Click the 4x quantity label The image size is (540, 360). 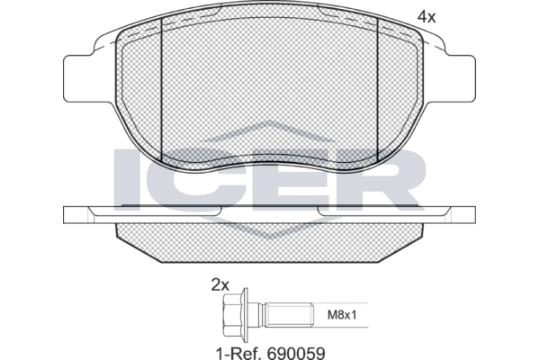coord(427,16)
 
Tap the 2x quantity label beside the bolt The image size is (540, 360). coord(220,285)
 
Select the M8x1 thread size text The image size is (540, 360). coord(341,315)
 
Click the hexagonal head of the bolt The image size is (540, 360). coord(233,315)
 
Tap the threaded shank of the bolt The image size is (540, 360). coord(289,315)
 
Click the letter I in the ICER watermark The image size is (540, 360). coord(127,179)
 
